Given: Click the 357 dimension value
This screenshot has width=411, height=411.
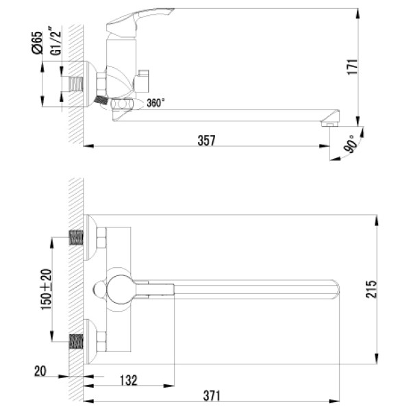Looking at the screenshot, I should (206, 140).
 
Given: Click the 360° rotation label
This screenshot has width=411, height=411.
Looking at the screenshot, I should (155, 103).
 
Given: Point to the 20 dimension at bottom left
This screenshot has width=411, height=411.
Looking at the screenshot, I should (41, 371).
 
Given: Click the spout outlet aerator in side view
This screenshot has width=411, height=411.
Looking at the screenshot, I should (330, 124).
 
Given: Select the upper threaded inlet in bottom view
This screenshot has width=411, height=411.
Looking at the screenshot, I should (76, 238).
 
